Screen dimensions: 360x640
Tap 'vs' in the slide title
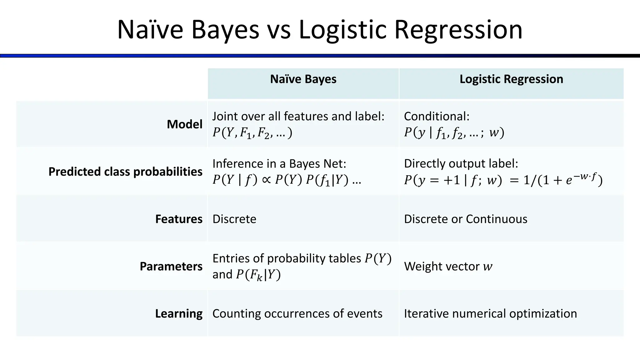tap(279, 31)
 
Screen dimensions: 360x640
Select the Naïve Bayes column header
tap(303, 79)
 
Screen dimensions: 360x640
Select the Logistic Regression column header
tap(511, 79)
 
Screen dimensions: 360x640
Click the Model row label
tap(184, 124)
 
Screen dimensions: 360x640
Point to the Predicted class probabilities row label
tap(125, 172)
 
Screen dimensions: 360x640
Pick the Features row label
tap(179, 219)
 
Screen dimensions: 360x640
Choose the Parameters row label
tap(171, 267)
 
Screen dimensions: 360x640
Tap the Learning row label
tap(179, 313)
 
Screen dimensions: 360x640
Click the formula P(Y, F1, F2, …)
tap(252, 133)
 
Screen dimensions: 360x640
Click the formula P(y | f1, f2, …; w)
tap(454, 133)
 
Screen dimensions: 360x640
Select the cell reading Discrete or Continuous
tap(465, 219)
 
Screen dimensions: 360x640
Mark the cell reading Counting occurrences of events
tap(297, 313)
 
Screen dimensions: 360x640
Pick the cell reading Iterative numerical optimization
tap(490, 313)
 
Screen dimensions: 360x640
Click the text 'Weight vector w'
tap(448, 267)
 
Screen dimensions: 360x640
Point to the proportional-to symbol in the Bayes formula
tap(266, 180)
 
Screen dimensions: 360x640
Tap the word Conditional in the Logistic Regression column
tap(436, 116)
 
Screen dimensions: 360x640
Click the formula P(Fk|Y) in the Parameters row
tap(258, 275)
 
